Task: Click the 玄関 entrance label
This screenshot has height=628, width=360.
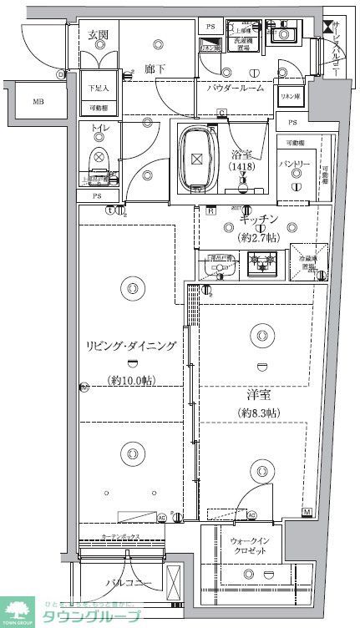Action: (99, 35)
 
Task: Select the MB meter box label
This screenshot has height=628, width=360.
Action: (38, 102)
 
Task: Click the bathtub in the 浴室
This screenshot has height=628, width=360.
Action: (196, 157)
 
